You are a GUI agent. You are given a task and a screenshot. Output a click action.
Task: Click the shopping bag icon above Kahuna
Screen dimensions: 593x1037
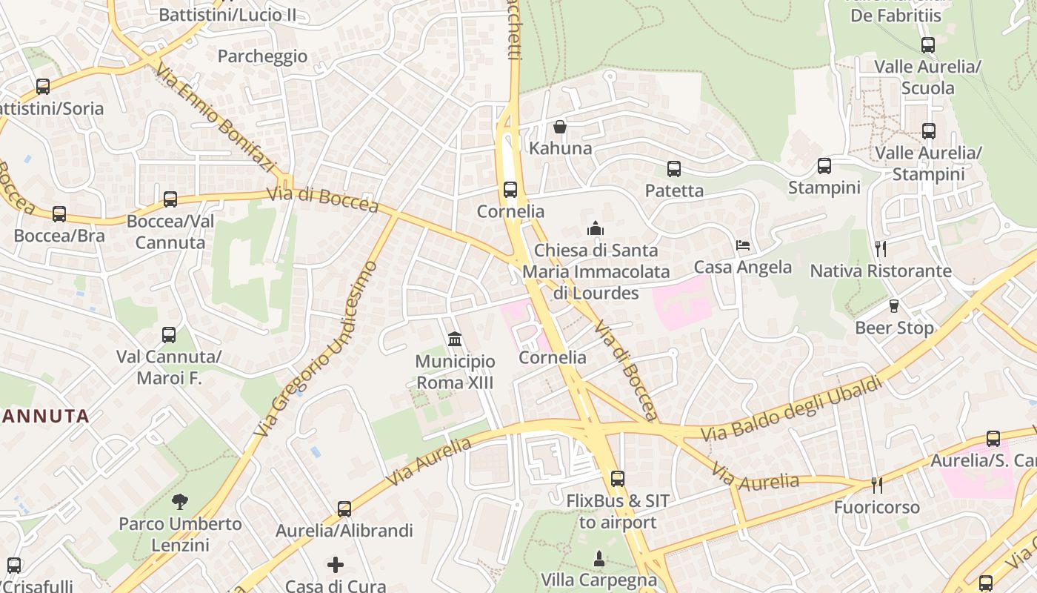click(x=560, y=127)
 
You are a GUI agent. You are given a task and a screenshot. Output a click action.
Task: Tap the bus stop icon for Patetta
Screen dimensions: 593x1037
click(x=673, y=169)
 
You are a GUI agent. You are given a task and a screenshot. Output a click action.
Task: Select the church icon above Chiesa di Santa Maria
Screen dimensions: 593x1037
click(x=595, y=228)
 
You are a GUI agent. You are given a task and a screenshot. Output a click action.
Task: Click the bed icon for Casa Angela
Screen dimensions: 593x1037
click(x=742, y=245)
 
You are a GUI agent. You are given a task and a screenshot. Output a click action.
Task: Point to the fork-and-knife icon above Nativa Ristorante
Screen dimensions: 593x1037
click(x=880, y=248)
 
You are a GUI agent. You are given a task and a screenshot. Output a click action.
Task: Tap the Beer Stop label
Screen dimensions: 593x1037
click(x=894, y=327)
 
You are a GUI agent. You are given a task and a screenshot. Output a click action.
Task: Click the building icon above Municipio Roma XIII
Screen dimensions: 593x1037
click(x=455, y=339)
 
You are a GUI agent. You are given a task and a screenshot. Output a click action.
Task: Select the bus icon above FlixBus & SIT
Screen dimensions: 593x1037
click(x=617, y=479)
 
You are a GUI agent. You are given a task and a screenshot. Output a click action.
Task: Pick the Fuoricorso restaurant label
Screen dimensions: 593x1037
click(x=876, y=507)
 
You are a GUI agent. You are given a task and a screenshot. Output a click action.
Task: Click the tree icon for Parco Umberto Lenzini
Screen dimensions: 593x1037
click(x=179, y=502)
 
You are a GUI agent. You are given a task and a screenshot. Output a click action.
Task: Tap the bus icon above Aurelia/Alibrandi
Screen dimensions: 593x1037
click(x=344, y=509)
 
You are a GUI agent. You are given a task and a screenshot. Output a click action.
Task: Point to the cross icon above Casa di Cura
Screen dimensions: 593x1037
click(x=336, y=565)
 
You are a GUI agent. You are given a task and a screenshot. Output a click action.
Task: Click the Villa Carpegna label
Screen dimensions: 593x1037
click(x=598, y=579)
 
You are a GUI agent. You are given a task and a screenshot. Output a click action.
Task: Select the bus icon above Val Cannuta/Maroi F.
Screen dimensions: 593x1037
click(x=169, y=335)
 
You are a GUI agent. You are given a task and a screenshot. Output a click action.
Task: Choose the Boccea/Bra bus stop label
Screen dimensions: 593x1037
click(x=59, y=236)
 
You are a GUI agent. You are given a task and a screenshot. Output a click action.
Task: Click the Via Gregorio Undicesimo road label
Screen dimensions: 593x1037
click(x=316, y=348)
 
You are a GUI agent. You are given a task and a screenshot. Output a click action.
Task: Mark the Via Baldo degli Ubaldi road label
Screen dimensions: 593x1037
click(x=792, y=408)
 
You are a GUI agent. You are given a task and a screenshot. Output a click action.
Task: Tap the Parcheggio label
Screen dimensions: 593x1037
click(x=262, y=56)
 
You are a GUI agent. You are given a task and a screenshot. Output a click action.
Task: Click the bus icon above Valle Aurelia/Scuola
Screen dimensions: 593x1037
click(x=927, y=45)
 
